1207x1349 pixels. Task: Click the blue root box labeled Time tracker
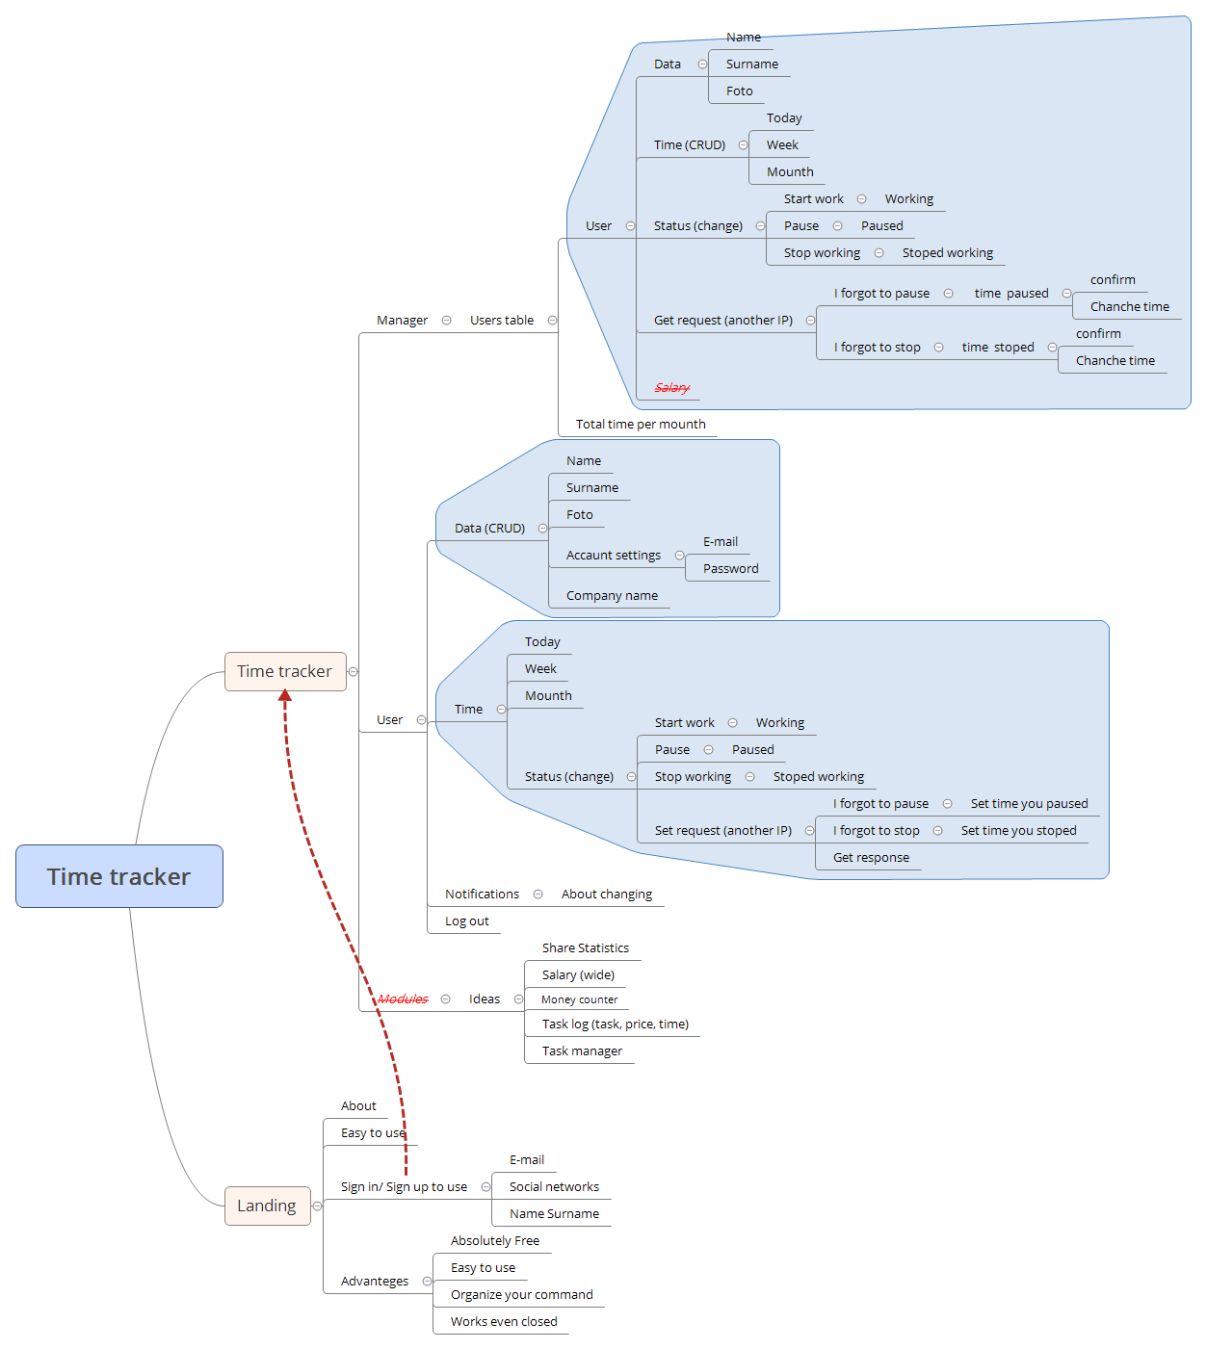(x=119, y=876)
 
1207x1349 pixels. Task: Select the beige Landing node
(x=267, y=1206)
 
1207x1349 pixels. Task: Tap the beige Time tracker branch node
(x=284, y=671)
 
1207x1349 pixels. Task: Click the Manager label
(x=402, y=321)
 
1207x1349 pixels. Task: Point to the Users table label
(x=501, y=321)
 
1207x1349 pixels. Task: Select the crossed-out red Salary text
(x=671, y=388)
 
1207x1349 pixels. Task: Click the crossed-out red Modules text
(x=403, y=999)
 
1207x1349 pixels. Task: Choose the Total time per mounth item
(x=641, y=425)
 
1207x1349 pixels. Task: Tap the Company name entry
(x=612, y=596)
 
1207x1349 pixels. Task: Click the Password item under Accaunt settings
(x=730, y=569)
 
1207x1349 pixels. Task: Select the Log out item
(x=466, y=921)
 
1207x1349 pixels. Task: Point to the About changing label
(x=606, y=895)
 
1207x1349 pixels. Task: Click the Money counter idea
(x=579, y=1000)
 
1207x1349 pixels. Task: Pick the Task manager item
(x=582, y=1051)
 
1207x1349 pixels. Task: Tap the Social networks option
(x=554, y=1187)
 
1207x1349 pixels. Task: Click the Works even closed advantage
(x=504, y=1322)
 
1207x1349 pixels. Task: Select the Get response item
(x=871, y=858)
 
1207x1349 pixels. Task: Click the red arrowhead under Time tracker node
(x=285, y=695)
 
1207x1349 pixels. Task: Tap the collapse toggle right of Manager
(x=446, y=321)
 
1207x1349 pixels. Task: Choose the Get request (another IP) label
(x=722, y=321)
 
